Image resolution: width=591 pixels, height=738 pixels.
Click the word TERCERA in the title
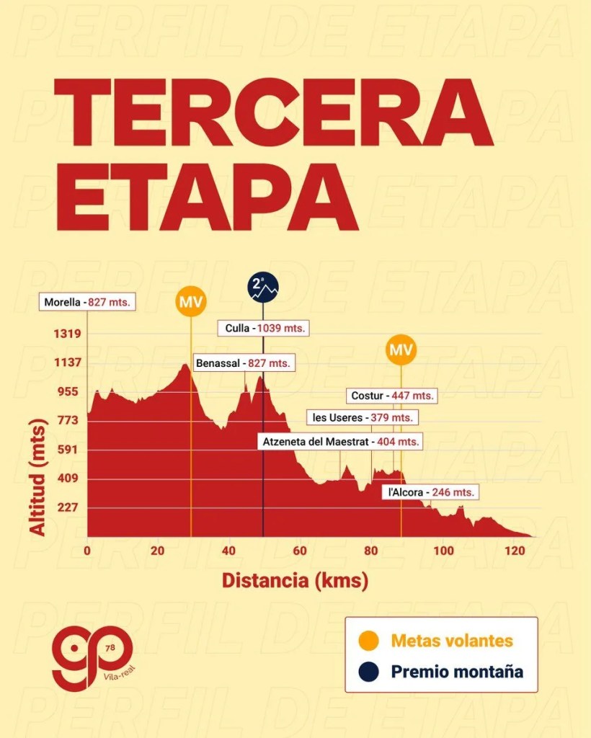pos(273,113)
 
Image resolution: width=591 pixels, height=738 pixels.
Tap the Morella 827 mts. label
pos(87,302)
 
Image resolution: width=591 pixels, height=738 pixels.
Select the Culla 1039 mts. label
pos(264,328)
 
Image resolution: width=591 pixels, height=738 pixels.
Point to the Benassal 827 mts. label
pos(244,363)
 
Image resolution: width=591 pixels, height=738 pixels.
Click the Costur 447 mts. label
pos(392,396)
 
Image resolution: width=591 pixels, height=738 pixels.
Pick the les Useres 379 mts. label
pos(363,417)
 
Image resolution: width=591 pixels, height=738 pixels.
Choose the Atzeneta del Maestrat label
pos(340,442)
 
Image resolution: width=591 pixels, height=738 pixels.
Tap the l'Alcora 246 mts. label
pos(430,492)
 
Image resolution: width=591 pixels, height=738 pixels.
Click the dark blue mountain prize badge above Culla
pos(263,287)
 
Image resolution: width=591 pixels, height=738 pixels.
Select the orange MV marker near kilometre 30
pos(191,301)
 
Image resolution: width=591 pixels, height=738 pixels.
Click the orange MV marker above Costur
pos(401,350)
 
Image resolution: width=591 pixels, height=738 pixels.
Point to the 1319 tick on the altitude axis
pos(67,334)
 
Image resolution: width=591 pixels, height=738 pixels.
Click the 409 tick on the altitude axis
pos(68,479)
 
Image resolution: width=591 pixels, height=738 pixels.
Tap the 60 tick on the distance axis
pos(300,551)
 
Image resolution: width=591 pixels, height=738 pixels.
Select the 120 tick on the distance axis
pos(515,551)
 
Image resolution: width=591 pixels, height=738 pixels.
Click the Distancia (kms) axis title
pos(295,580)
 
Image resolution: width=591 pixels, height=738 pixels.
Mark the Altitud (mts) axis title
pos(37,477)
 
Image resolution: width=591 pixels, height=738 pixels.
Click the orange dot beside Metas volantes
pos(368,641)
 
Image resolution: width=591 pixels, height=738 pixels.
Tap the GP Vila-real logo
pos(93,658)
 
